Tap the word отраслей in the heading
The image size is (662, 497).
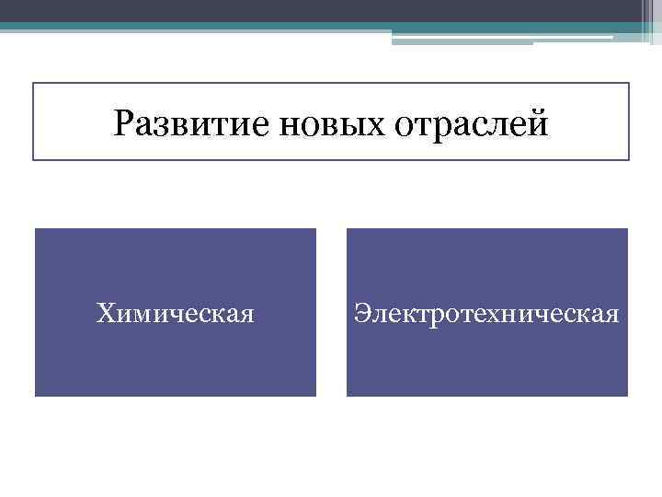pos(474,122)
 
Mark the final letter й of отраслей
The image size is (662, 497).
pos(538,122)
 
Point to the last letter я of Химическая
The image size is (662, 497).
pos(247,317)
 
